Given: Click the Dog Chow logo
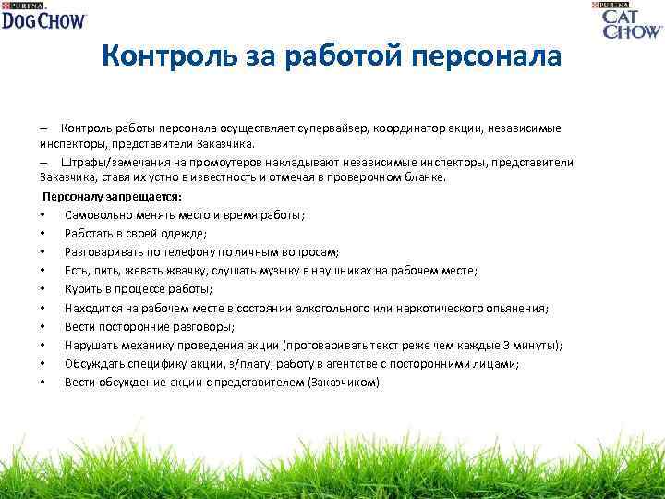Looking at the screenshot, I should click(43, 16).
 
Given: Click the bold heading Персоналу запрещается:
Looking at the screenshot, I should click(113, 197).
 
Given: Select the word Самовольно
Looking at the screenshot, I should click(100, 215).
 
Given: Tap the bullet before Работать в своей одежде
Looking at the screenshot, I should click(42, 234).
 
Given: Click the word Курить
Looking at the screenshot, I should click(83, 289).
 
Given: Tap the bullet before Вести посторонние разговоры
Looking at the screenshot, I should click(42, 326).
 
